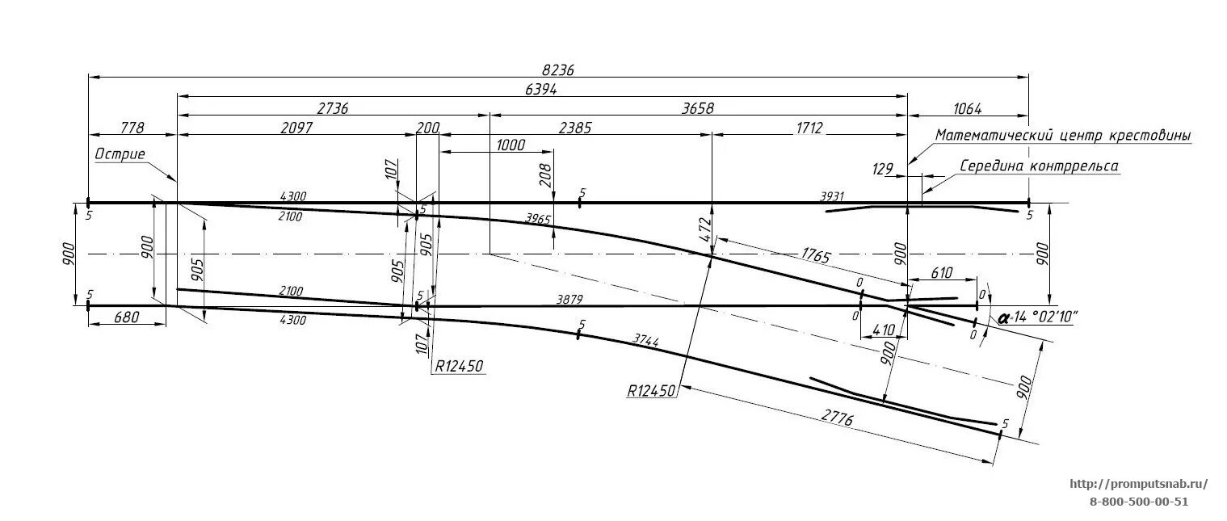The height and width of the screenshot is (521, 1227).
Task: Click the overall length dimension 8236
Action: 557,70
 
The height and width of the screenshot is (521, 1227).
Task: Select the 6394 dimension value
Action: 540,90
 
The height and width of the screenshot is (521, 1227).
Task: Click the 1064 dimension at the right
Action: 968,109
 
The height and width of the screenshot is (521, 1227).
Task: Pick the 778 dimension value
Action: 132,128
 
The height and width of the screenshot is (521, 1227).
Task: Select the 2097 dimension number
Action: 296,128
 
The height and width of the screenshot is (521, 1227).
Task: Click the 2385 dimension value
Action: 574,128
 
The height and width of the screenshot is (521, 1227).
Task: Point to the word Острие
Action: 120,153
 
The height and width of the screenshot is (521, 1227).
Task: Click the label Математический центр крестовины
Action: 1063,135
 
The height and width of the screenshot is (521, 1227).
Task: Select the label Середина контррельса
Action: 1039,166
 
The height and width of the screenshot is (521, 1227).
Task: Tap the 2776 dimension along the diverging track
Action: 837,418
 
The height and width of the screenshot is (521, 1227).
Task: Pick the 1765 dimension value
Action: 816,257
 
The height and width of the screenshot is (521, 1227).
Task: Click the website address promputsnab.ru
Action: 1138,485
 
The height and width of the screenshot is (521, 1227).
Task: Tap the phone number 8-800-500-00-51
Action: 1138,502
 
